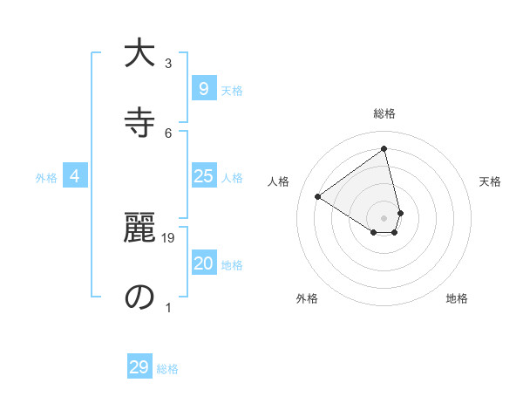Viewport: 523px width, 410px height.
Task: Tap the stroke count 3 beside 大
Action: click(x=168, y=64)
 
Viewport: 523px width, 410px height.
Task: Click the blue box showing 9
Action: click(x=203, y=89)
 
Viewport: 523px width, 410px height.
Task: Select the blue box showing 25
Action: click(x=203, y=177)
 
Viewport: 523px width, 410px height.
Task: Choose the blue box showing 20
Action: click(x=203, y=264)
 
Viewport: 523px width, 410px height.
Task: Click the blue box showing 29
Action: click(x=139, y=367)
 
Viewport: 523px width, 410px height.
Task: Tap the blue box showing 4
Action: click(x=75, y=177)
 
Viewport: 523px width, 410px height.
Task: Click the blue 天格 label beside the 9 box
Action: click(x=232, y=91)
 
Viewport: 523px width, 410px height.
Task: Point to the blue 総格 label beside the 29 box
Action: click(x=167, y=369)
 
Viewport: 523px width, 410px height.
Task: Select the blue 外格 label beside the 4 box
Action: click(x=46, y=178)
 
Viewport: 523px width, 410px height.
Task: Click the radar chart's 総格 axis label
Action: click(x=384, y=113)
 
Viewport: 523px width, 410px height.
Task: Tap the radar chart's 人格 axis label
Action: click(x=278, y=181)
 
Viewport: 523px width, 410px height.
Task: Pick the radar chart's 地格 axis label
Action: click(x=457, y=298)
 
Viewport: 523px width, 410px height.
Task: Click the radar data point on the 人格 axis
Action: click(x=318, y=196)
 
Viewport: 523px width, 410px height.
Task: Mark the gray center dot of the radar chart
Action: click(x=384, y=217)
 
